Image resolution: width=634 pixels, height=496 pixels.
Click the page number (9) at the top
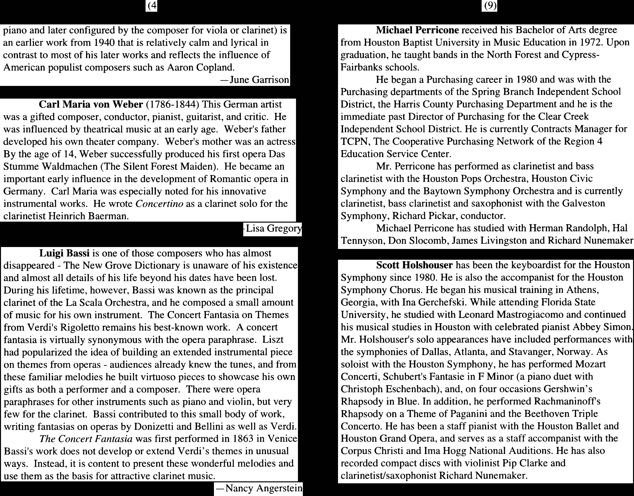tap(489, 6)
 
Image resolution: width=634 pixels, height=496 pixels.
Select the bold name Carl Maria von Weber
tap(91, 104)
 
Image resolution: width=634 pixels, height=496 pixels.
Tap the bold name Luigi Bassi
tap(64, 253)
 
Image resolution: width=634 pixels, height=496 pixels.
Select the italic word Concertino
tap(159, 204)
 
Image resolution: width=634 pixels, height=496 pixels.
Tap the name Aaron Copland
tap(201, 67)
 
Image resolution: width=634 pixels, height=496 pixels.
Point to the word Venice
tap(282, 438)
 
